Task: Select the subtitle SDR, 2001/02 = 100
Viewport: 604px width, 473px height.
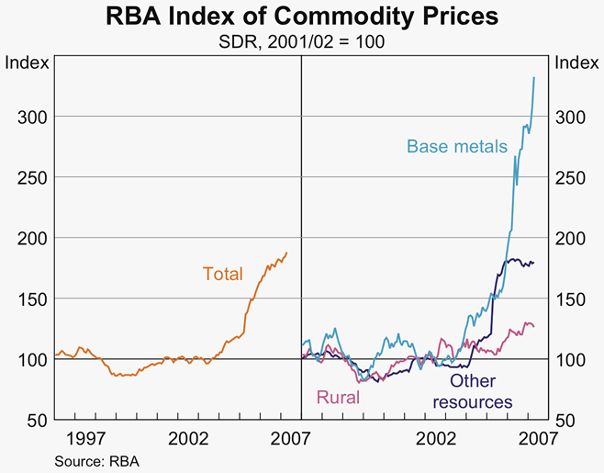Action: coord(302,40)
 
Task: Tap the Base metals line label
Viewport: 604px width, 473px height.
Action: coord(456,146)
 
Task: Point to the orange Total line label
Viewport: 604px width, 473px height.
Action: coord(223,273)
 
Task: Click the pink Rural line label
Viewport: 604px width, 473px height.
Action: coord(337,398)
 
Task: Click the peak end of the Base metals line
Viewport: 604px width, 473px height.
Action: coord(534,78)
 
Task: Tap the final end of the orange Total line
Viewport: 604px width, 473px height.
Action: coord(286,253)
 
